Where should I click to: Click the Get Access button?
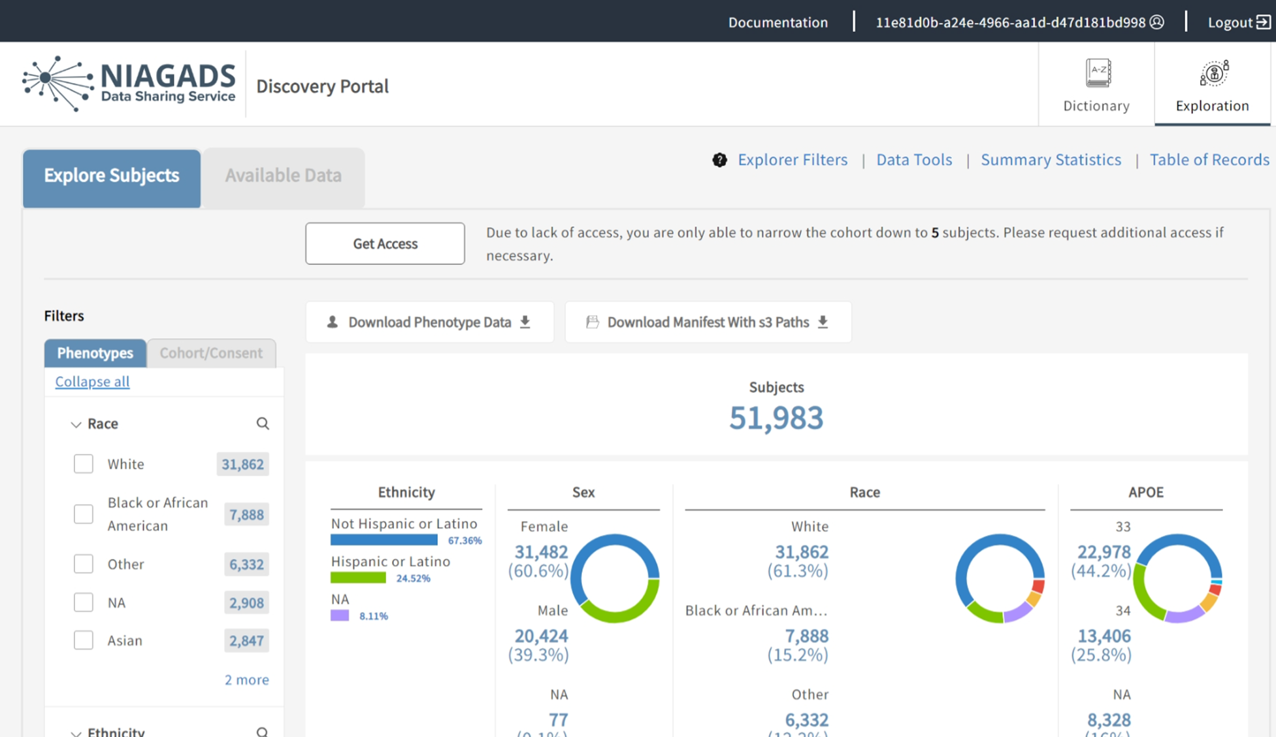(x=385, y=243)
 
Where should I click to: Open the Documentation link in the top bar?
(x=777, y=22)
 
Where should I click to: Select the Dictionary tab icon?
(x=1098, y=73)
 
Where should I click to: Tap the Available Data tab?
(x=283, y=175)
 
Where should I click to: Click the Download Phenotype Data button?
(x=429, y=322)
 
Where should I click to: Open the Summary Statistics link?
(x=1051, y=160)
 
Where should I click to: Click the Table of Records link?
(x=1209, y=160)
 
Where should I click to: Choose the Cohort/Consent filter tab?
(x=211, y=353)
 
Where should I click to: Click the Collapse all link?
(x=92, y=381)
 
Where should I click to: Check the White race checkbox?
(x=84, y=464)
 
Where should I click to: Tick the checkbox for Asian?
(x=84, y=640)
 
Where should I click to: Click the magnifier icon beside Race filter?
(x=263, y=424)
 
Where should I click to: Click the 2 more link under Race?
(x=246, y=679)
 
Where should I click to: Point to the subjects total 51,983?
(x=776, y=418)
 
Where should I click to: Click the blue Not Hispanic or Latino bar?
(x=384, y=540)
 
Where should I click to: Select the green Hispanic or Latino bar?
(x=358, y=578)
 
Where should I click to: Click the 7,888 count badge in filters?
(x=246, y=515)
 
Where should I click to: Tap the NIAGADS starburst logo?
(x=57, y=83)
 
